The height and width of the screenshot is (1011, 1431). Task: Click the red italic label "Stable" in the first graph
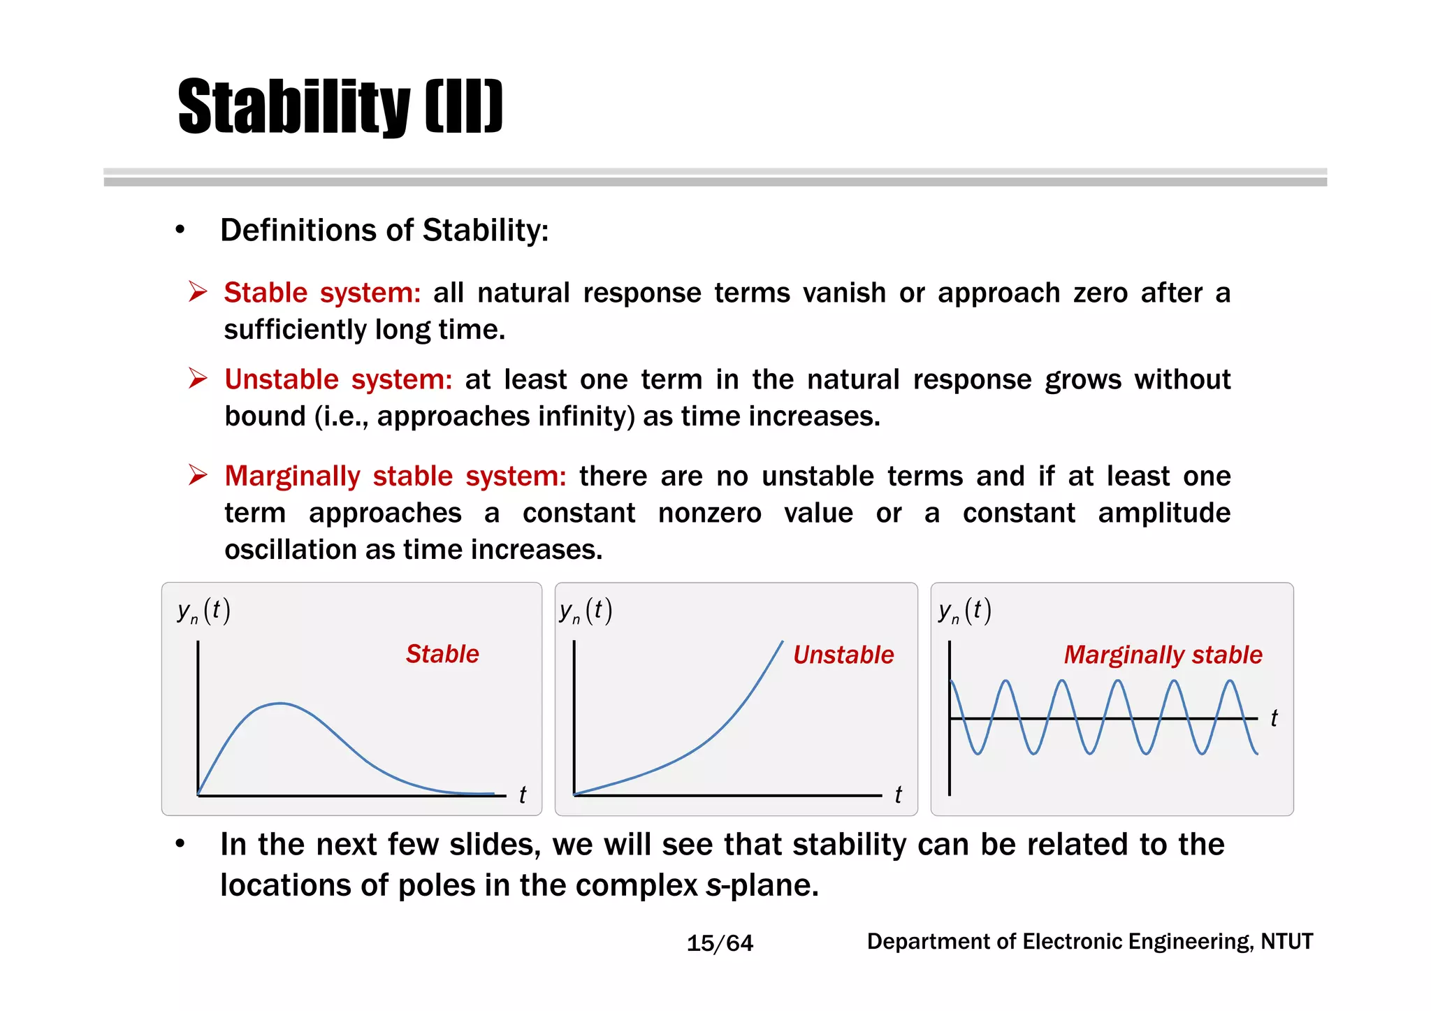442,654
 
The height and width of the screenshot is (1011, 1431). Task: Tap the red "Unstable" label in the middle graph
843,655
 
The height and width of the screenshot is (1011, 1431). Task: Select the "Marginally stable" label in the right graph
1163,655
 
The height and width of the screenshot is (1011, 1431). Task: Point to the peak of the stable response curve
280,704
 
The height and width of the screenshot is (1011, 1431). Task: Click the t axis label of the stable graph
523,795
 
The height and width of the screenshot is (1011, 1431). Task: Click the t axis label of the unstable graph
899,795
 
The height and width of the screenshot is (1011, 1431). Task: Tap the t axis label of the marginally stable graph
1274,718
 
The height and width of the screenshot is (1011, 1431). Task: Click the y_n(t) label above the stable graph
203,611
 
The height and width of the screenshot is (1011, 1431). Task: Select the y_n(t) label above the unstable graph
586,611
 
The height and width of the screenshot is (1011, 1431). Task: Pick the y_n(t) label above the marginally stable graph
965,611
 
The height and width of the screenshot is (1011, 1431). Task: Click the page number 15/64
720,943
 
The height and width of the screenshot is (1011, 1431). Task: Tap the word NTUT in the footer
1287,942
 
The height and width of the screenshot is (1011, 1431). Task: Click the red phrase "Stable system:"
322,293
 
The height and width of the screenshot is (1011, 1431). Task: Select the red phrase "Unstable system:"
338,379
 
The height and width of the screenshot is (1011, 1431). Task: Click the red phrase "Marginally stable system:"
395,476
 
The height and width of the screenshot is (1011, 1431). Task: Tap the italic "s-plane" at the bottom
762,886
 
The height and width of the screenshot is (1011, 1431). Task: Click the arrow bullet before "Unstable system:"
198,379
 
